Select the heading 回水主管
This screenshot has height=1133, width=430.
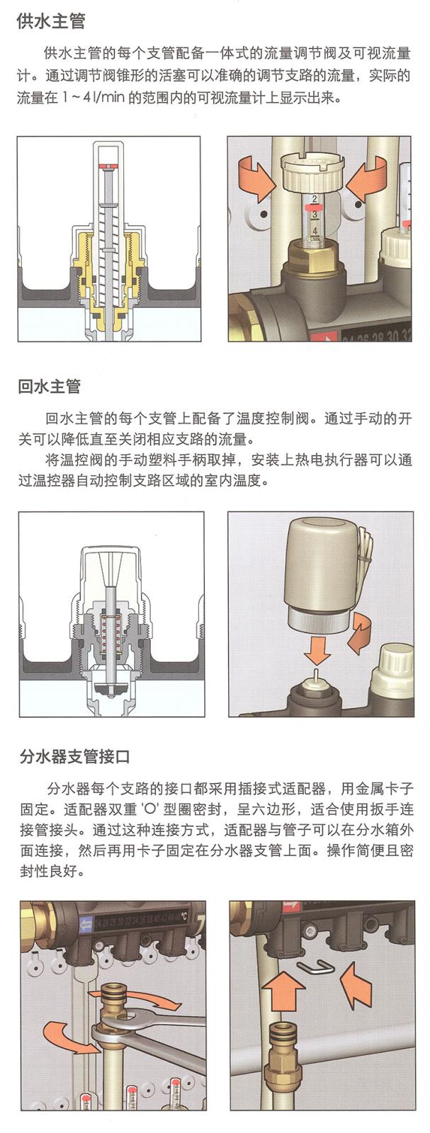click(x=50, y=387)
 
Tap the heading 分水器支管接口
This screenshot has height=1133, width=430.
click(x=74, y=756)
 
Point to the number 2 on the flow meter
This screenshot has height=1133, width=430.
click(x=314, y=198)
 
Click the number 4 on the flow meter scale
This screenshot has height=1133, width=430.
click(x=315, y=231)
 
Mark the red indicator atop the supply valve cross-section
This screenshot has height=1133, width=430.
click(x=107, y=166)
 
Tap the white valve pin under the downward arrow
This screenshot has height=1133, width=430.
click(x=315, y=676)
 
